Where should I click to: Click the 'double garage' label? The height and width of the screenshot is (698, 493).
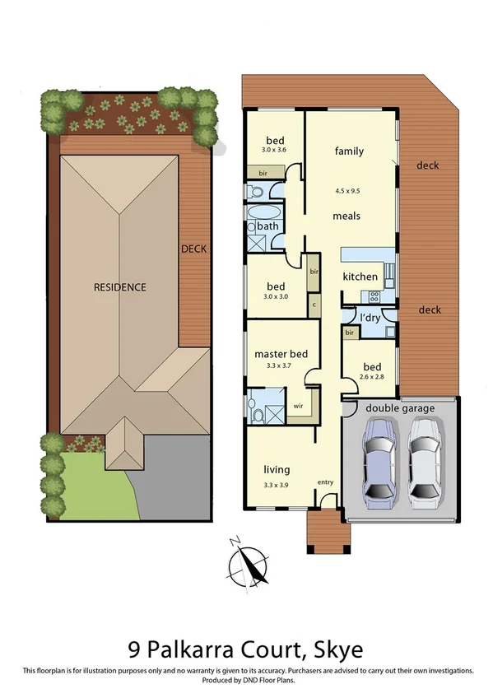pos(399,407)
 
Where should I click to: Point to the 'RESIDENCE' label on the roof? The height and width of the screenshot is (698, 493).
pos(119,287)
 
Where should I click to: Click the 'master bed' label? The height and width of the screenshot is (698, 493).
pos(281,354)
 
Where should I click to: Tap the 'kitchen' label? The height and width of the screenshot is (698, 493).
pos(360,277)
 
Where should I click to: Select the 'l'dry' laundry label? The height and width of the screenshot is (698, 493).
pos(370,317)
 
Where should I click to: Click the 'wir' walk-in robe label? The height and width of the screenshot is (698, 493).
pos(299,405)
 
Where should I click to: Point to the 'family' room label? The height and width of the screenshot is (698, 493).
pos(349,151)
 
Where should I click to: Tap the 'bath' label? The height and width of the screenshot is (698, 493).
pos(267,226)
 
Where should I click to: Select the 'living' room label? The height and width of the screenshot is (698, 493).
pos(277,470)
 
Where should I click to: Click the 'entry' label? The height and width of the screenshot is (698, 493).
pos(327,483)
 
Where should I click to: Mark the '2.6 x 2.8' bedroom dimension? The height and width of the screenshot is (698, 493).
pos(371,377)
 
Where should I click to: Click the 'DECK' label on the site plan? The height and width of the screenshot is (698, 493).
pos(194,249)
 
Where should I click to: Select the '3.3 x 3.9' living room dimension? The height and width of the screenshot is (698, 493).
pos(277,486)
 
